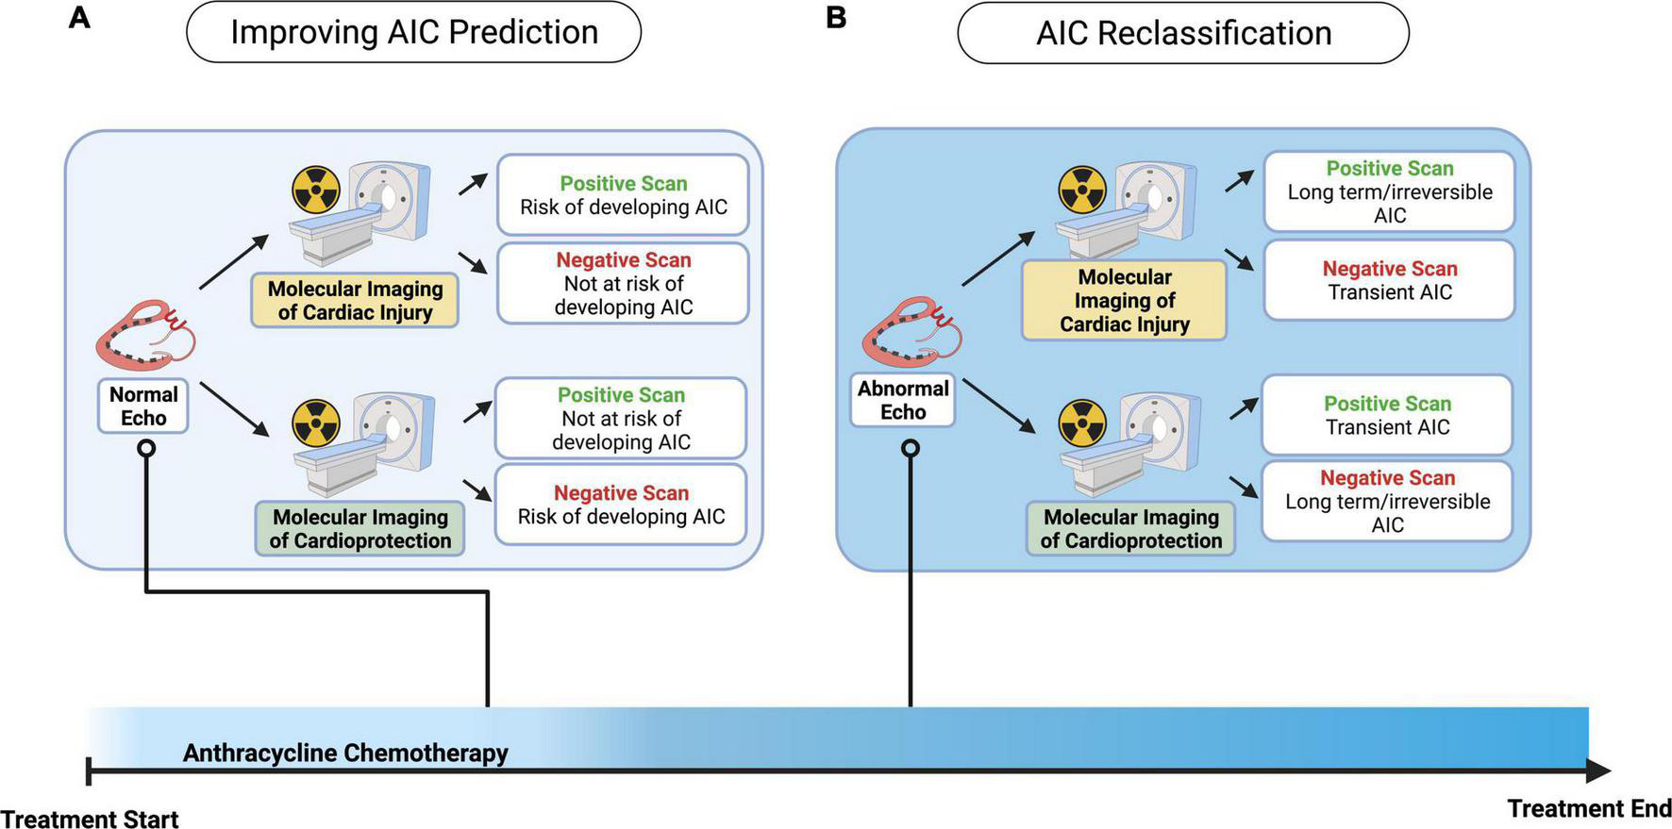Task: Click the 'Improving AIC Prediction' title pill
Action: click(x=414, y=32)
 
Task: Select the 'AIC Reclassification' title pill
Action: click(x=1183, y=33)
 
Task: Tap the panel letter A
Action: click(x=79, y=18)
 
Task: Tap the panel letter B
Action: click(x=835, y=18)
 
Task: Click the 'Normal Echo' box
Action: click(x=143, y=406)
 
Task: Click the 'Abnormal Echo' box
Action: click(x=903, y=400)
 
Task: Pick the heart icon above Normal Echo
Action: click(x=146, y=335)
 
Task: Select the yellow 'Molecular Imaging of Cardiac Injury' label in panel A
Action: click(x=355, y=301)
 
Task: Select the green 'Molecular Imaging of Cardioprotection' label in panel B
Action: click(x=1130, y=528)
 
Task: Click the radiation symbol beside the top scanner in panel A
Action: click(x=315, y=191)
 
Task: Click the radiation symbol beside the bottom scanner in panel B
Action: click(x=1081, y=422)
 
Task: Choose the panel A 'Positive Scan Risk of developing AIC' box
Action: click(x=623, y=195)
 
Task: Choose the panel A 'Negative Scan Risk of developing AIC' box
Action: click(x=621, y=505)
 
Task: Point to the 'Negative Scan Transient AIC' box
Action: click(x=1389, y=280)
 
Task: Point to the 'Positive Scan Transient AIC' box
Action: click(x=1387, y=415)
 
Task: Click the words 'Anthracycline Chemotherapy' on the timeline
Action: click(x=345, y=753)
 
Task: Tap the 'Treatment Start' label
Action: click(x=90, y=819)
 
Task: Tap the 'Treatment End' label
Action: click(x=1589, y=808)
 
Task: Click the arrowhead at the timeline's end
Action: click(x=1598, y=771)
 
